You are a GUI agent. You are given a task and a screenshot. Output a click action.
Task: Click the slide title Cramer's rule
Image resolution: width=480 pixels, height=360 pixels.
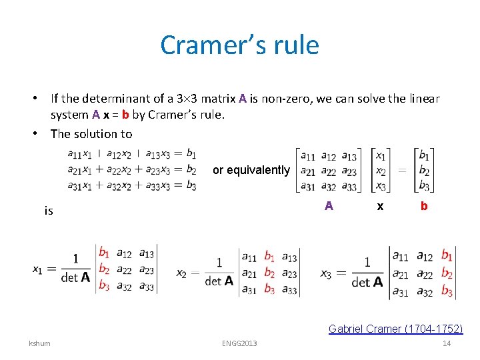[x=239, y=45]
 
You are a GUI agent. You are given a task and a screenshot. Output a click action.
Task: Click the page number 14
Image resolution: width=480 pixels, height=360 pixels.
[x=447, y=343]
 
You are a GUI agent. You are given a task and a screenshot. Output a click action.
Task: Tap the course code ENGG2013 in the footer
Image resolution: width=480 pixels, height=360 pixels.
[x=239, y=343]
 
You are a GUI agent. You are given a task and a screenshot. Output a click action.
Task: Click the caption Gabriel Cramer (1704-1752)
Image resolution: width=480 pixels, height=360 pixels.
[x=395, y=328]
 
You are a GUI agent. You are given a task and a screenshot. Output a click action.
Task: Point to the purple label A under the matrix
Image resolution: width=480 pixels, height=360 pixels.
[x=329, y=206]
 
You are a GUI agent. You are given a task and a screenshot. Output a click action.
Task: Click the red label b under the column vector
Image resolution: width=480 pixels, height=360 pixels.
[x=424, y=206]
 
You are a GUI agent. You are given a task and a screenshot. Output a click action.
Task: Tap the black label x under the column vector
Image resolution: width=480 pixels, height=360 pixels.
[x=380, y=206]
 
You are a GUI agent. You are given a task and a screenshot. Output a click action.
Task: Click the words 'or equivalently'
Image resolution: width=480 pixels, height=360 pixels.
[x=251, y=170]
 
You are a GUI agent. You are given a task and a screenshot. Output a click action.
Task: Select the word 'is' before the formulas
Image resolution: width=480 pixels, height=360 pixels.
[x=48, y=211]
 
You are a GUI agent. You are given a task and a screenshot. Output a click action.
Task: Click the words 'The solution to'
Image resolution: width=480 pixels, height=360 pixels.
[x=91, y=133]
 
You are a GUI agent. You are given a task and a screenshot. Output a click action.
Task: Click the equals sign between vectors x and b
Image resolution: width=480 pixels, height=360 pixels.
[x=402, y=170]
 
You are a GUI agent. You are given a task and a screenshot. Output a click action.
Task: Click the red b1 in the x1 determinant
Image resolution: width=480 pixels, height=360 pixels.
[x=103, y=253]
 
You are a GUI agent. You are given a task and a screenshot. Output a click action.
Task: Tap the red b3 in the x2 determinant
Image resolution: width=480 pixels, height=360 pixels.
[x=269, y=289]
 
